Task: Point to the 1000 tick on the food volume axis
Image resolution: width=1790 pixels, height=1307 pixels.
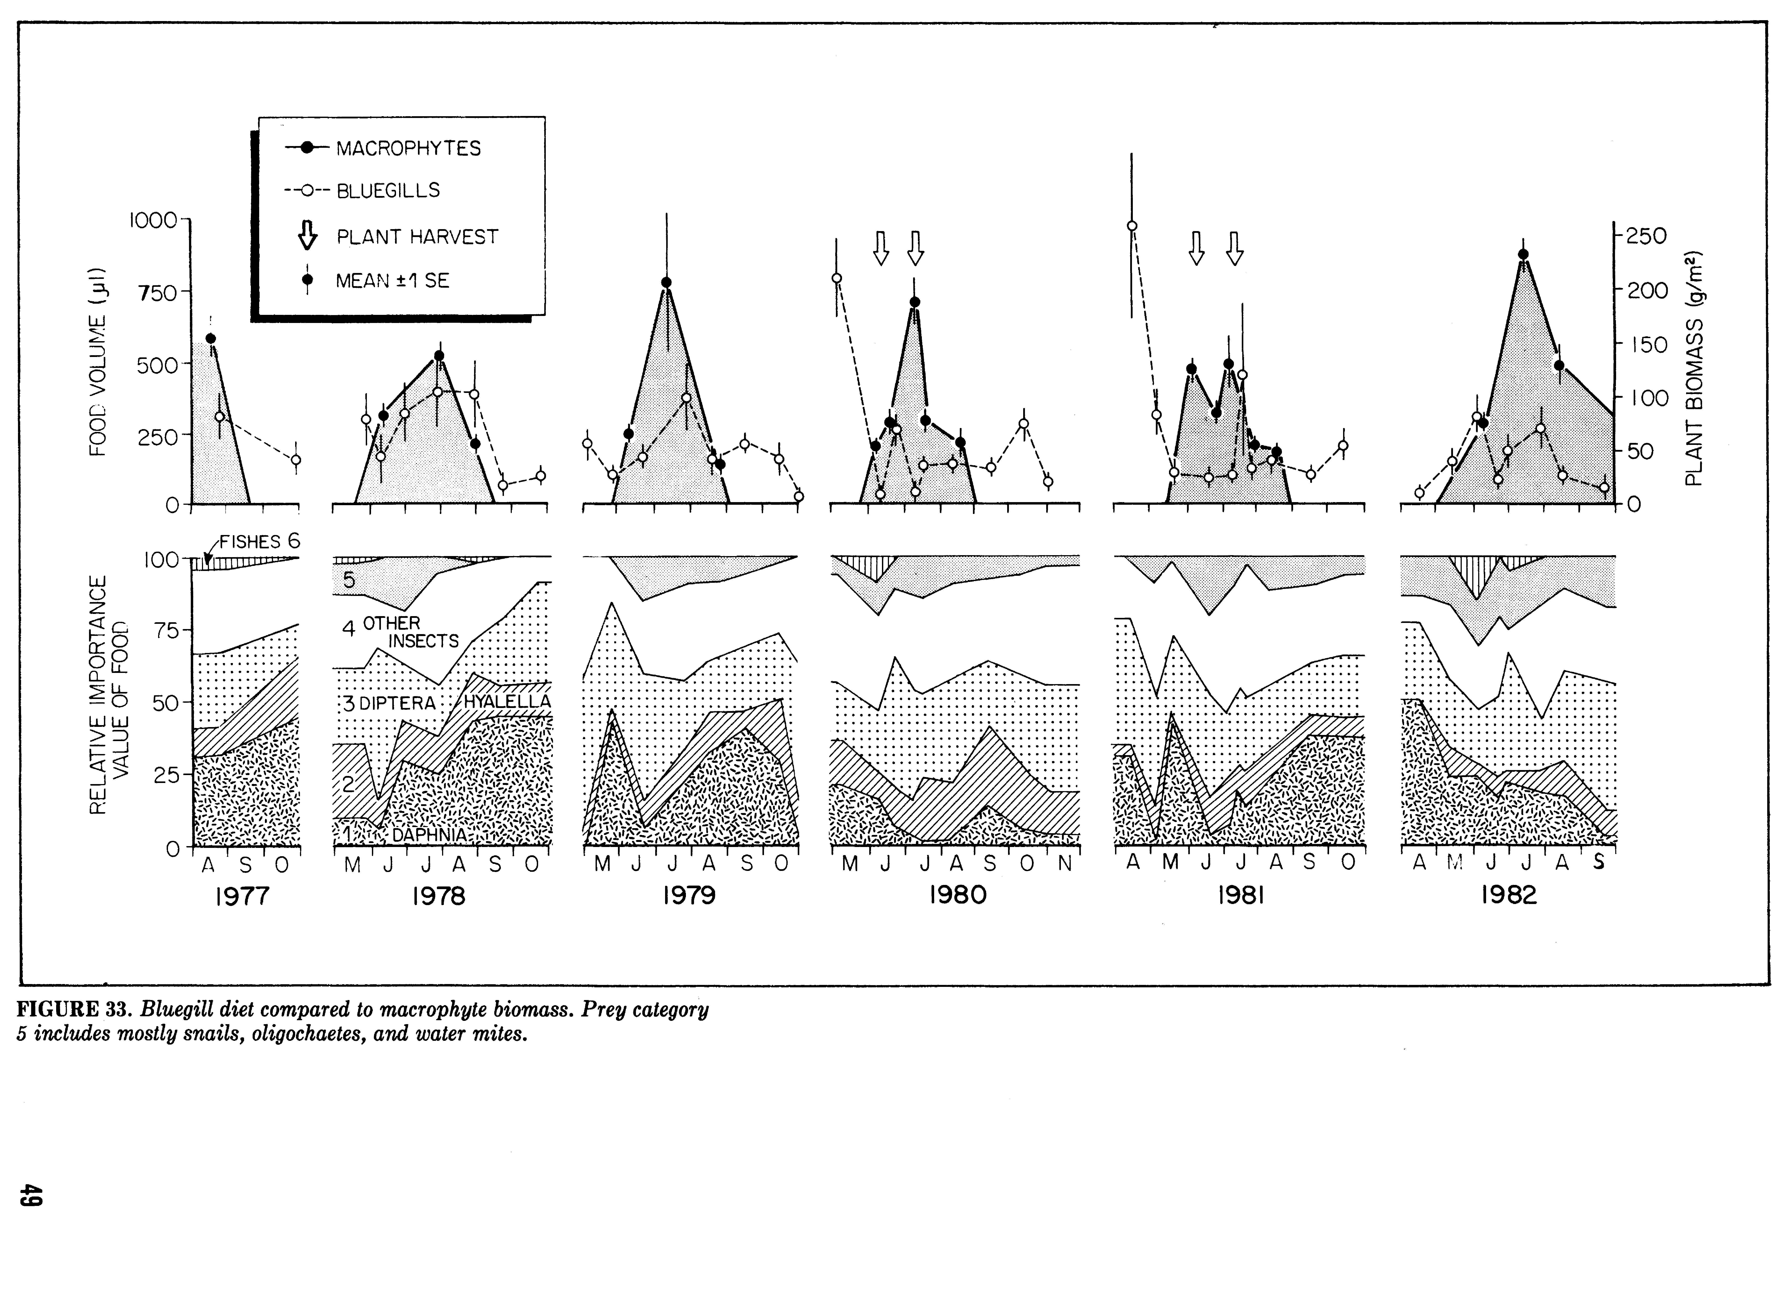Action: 154,220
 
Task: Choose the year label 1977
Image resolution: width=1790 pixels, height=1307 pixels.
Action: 242,896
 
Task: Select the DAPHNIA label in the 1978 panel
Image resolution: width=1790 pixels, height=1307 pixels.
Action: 430,835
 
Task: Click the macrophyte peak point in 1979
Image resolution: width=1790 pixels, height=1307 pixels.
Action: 666,282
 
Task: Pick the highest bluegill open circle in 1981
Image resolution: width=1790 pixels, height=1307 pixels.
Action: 1132,225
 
